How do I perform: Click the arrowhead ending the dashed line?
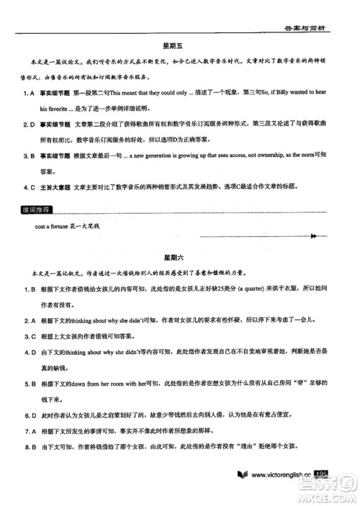click(x=313, y=235)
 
